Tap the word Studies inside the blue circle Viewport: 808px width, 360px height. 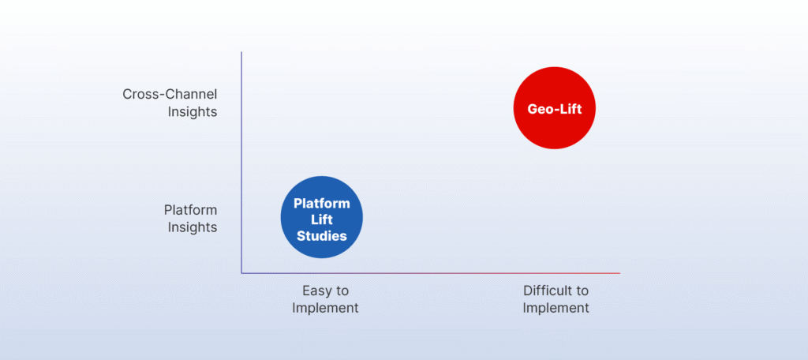[321, 234]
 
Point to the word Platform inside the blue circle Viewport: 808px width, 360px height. [321, 203]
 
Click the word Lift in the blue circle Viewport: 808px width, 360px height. [321, 219]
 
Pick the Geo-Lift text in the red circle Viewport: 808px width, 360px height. [555, 109]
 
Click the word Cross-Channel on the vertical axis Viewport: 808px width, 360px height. [170, 94]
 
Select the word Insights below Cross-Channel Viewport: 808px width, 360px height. [192, 112]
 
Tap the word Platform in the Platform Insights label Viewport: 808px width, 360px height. [190, 210]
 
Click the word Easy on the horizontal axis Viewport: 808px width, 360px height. [316, 291]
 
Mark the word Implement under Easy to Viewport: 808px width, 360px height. [325, 308]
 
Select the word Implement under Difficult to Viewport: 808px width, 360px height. [555, 308]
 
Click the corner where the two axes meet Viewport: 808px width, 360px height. [241, 273]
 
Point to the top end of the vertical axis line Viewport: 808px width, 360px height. [241, 53]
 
